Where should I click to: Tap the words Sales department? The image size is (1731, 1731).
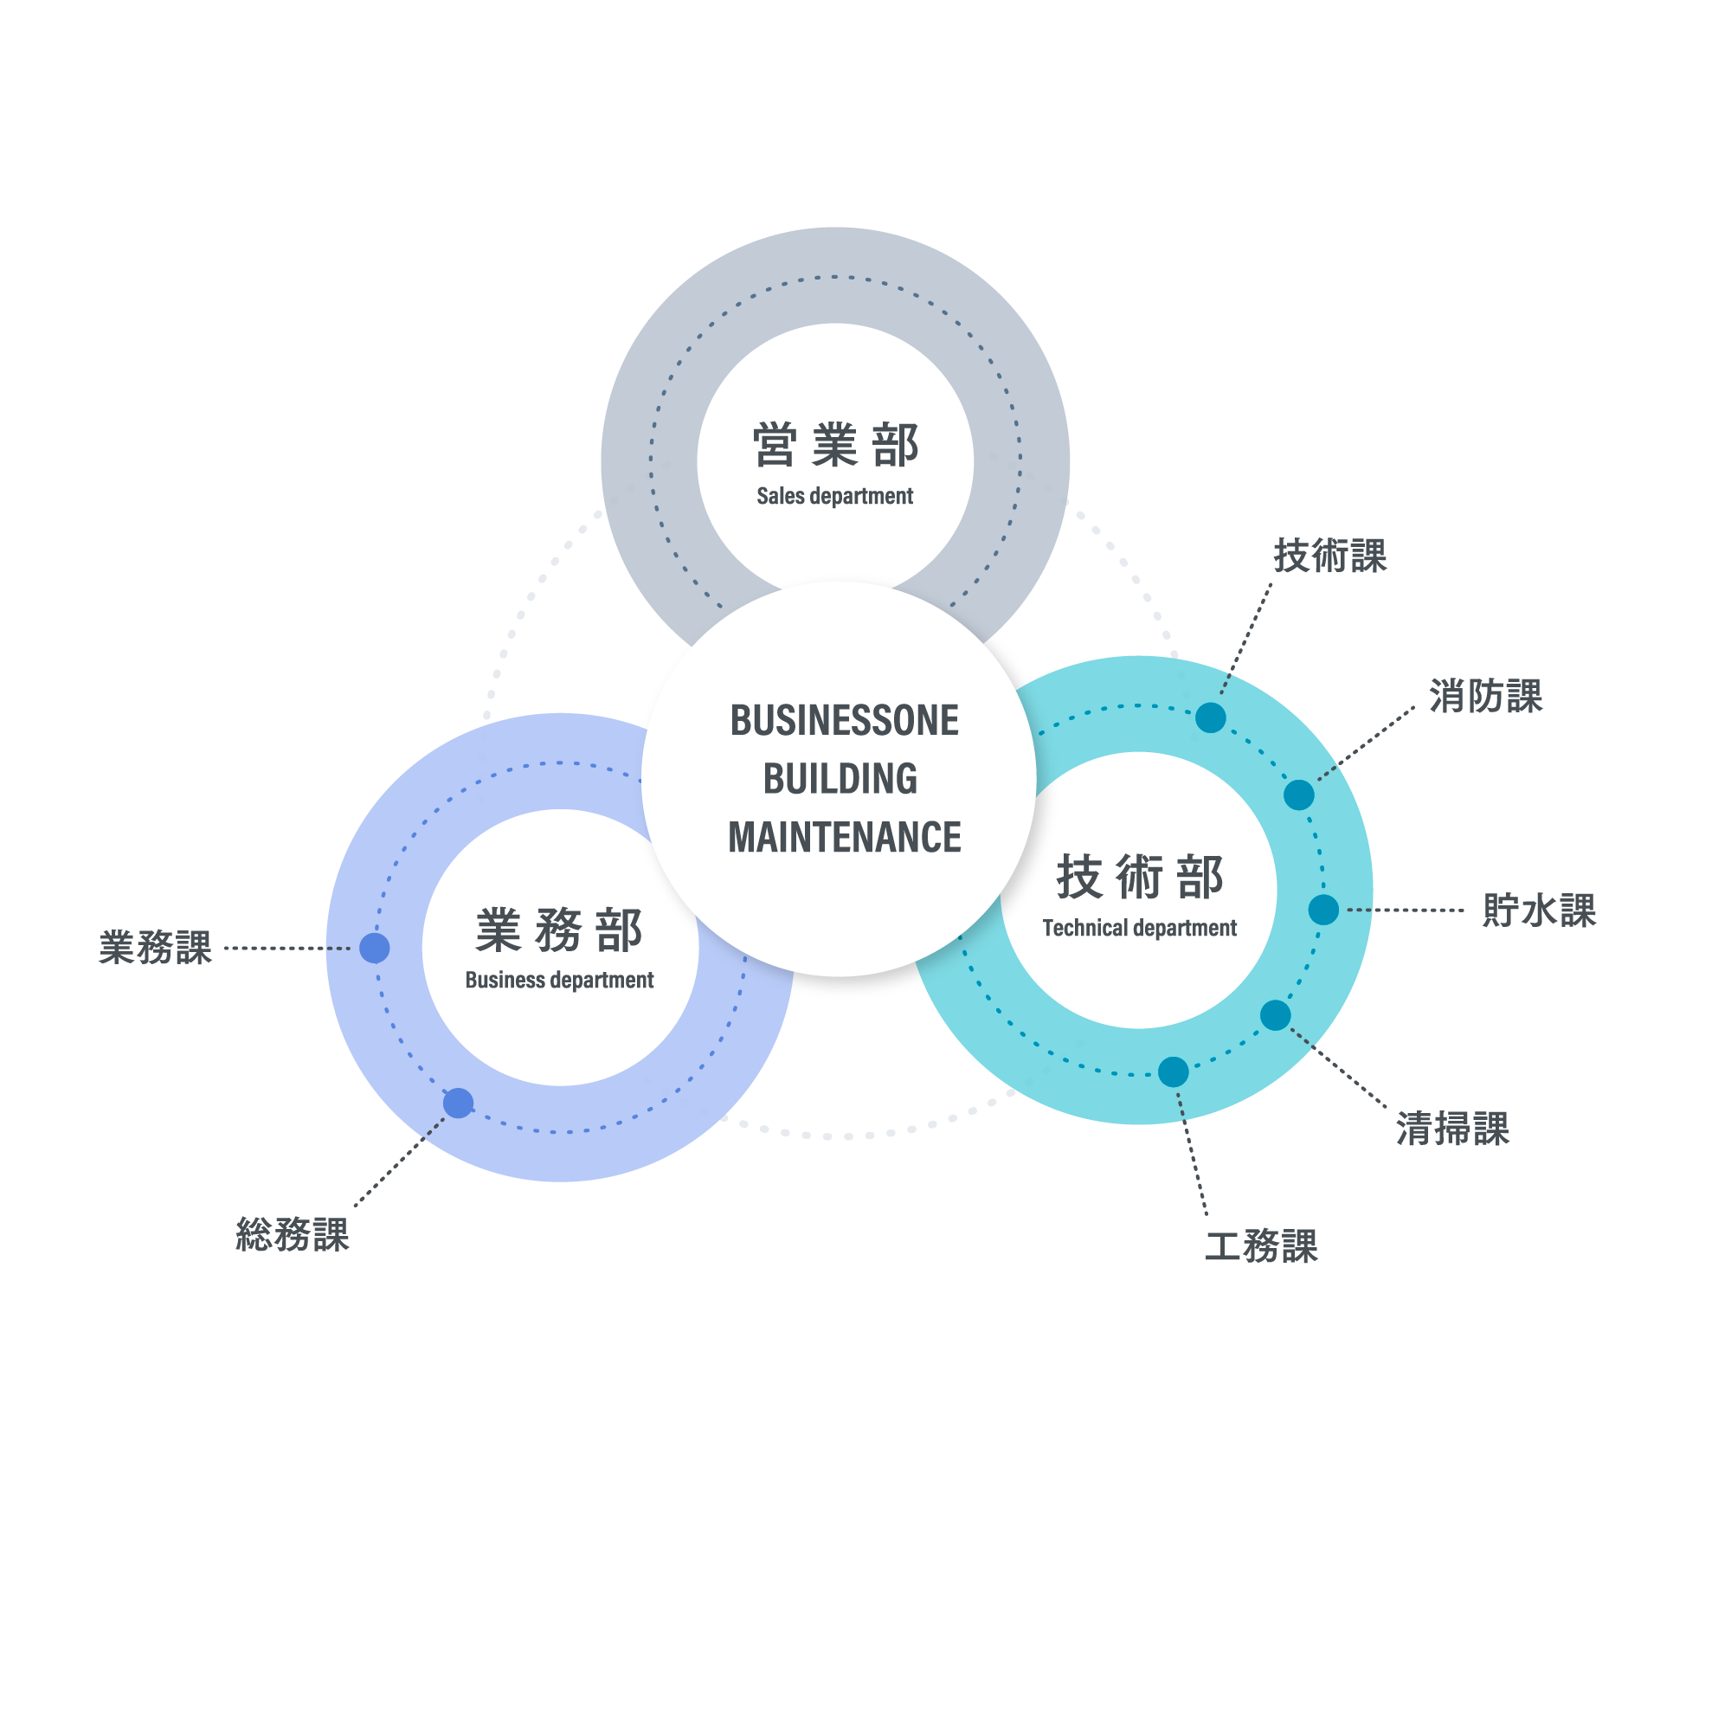(x=834, y=495)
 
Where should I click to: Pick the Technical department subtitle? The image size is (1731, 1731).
(x=1139, y=927)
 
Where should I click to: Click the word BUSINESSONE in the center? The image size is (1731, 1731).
(x=844, y=720)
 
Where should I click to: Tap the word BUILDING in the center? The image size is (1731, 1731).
(x=840, y=779)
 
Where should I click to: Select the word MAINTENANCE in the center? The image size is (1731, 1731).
(x=844, y=837)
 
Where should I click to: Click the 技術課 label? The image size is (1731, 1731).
(x=1329, y=556)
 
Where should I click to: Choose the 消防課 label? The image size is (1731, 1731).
(x=1485, y=696)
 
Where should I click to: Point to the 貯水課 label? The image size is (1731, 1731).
(x=1539, y=911)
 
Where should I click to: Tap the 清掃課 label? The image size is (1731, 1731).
(x=1452, y=1128)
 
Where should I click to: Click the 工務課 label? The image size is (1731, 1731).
(x=1261, y=1245)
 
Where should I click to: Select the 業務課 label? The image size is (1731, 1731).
(x=155, y=947)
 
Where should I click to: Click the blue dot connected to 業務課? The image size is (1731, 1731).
(x=375, y=948)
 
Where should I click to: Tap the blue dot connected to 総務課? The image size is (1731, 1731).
(x=459, y=1103)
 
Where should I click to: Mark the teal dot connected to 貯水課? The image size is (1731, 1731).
(x=1323, y=910)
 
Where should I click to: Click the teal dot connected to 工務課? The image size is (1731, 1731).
(x=1173, y=1071)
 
